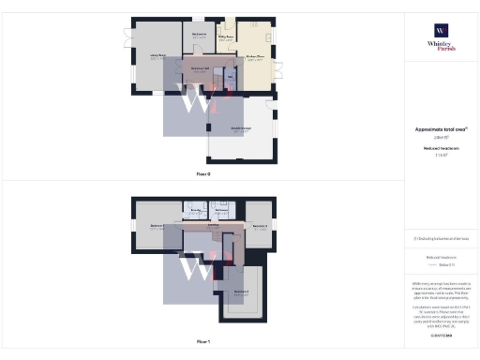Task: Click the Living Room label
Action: [x=157, y=56]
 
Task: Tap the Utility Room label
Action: [x=225, y=38]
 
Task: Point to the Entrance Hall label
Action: [x=200, y=68]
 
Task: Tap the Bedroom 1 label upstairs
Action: [x=157, y=226]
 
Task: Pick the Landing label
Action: [x=213, y=225]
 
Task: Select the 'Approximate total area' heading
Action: [x=440, y=128]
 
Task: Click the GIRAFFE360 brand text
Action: [x=441, y=334]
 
